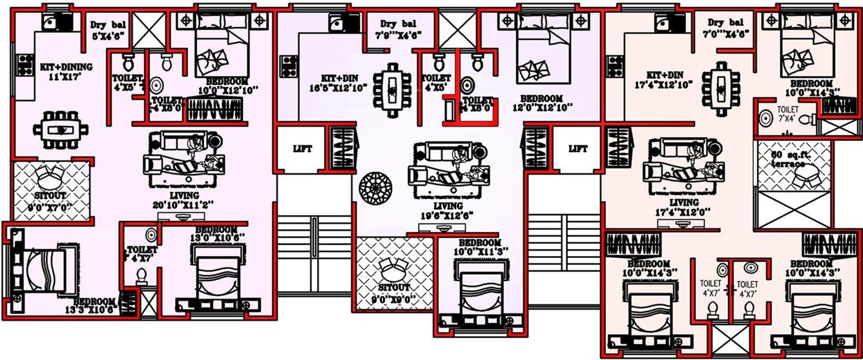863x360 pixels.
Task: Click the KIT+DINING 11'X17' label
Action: (67, 72)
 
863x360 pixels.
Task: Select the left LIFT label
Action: (302, 149)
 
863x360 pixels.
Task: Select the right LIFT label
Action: (578, 149)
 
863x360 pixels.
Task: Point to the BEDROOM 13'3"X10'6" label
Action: (95, 306)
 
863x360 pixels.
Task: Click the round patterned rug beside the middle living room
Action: (373, 188)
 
